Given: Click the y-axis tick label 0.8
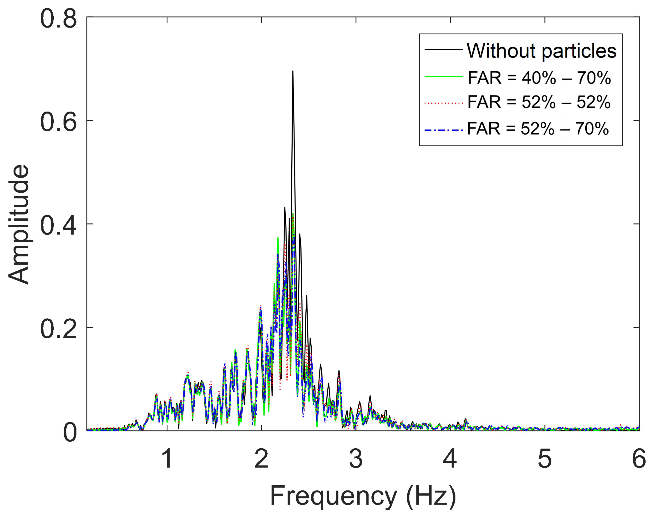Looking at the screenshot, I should [x=58, y=19].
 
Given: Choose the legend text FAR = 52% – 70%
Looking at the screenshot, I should [x=538, y=129].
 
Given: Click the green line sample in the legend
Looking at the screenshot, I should [x=444, y=77].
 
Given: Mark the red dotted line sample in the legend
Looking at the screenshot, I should [x=444, y=103].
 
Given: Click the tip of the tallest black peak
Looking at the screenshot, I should [x=293, y=71].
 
